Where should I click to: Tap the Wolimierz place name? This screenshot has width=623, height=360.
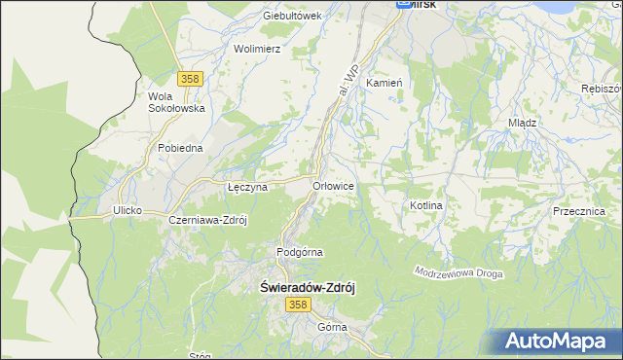click(x=257, y=48)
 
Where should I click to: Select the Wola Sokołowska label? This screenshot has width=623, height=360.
click(x=175, y=102)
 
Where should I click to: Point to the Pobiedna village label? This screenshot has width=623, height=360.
click(x=180, y=148)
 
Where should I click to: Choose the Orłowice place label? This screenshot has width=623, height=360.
click(x=332, y=185)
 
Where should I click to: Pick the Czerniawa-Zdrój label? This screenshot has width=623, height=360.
click(x=208, y=220)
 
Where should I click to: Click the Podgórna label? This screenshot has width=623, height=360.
click(x=299, y=252)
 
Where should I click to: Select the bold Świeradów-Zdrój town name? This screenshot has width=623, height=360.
click(x=311, y=288)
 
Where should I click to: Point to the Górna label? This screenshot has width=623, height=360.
click(x=332, y=327)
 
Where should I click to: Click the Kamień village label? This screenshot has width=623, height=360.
click(x=384, y=84)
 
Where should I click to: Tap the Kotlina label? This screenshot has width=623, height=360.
click(x=426, y=206)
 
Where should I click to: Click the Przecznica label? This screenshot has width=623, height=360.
click(x=578, y=211)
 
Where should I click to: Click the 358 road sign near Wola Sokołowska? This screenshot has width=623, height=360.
click(x=190, y=79)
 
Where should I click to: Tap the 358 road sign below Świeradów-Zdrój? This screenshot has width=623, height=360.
click(x=298, y=306)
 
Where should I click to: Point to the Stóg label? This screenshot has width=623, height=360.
click(x=201, y=356)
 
